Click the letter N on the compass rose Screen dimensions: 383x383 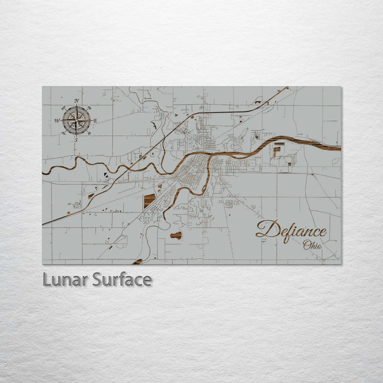[x=77, y=101]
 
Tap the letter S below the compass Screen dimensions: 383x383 [x=76, y=140]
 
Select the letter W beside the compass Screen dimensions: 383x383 [x=56, y=121]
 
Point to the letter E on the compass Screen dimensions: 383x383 [x=95, y=121]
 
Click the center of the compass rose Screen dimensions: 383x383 [x=76, y=120]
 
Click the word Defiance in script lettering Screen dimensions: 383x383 [x=292, y=231]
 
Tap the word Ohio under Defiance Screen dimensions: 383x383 [x=312, y=245]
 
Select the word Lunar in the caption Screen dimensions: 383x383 [x=65, y=279]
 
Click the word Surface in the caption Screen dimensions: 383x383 [x=122, y=279]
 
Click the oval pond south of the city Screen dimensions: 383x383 [x=176, y=235]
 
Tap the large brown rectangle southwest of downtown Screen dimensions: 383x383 [x=149, y=201]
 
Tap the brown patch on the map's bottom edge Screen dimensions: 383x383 [x=138, y=262]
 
